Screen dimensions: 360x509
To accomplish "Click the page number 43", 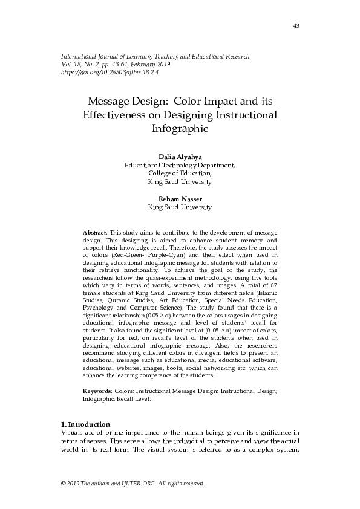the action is point(296,26).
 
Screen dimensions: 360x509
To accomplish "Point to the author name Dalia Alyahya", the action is point(180,156).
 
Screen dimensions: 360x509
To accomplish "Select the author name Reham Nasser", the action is point(180,199).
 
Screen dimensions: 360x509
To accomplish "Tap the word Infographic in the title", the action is point(180,128).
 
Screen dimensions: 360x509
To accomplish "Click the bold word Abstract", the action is point(94,232).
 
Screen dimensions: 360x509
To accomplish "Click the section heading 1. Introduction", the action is point(86,423).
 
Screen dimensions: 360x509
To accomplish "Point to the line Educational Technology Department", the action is point(180,164).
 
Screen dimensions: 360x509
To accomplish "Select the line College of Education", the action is point(180,172).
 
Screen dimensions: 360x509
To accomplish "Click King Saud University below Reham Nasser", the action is point(180,207).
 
